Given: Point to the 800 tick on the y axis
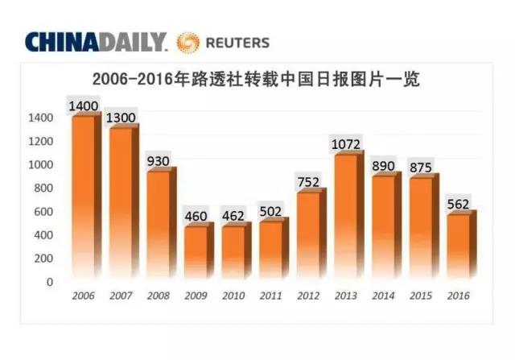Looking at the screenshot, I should point(43,188).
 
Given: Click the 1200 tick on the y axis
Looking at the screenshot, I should point(40,142).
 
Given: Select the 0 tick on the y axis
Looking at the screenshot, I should point(49,282).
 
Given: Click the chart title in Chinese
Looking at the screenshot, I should point(257,80).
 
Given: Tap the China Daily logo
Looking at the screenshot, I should point(95,42).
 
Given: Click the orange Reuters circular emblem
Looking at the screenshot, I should point(190,42).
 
